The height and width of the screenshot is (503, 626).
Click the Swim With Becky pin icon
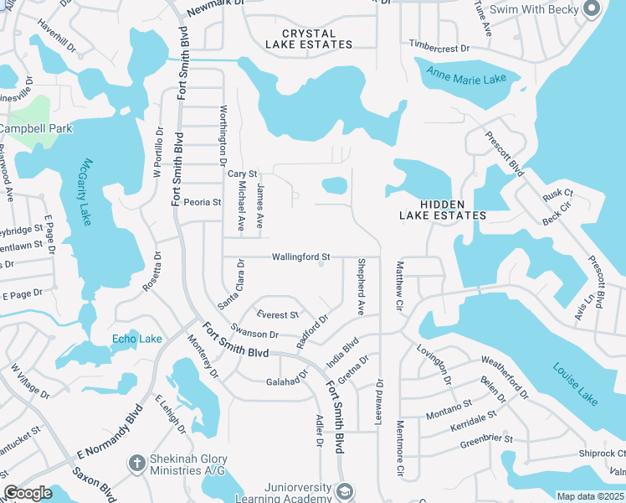592,9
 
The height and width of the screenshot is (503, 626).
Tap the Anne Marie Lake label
466,76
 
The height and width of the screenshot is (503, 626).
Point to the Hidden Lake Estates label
441,210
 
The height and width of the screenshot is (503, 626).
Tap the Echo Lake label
137,339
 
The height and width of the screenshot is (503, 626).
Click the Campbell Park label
36,128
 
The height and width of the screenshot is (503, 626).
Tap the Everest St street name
278,314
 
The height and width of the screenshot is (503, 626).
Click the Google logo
28,493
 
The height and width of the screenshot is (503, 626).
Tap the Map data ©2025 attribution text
591,496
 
